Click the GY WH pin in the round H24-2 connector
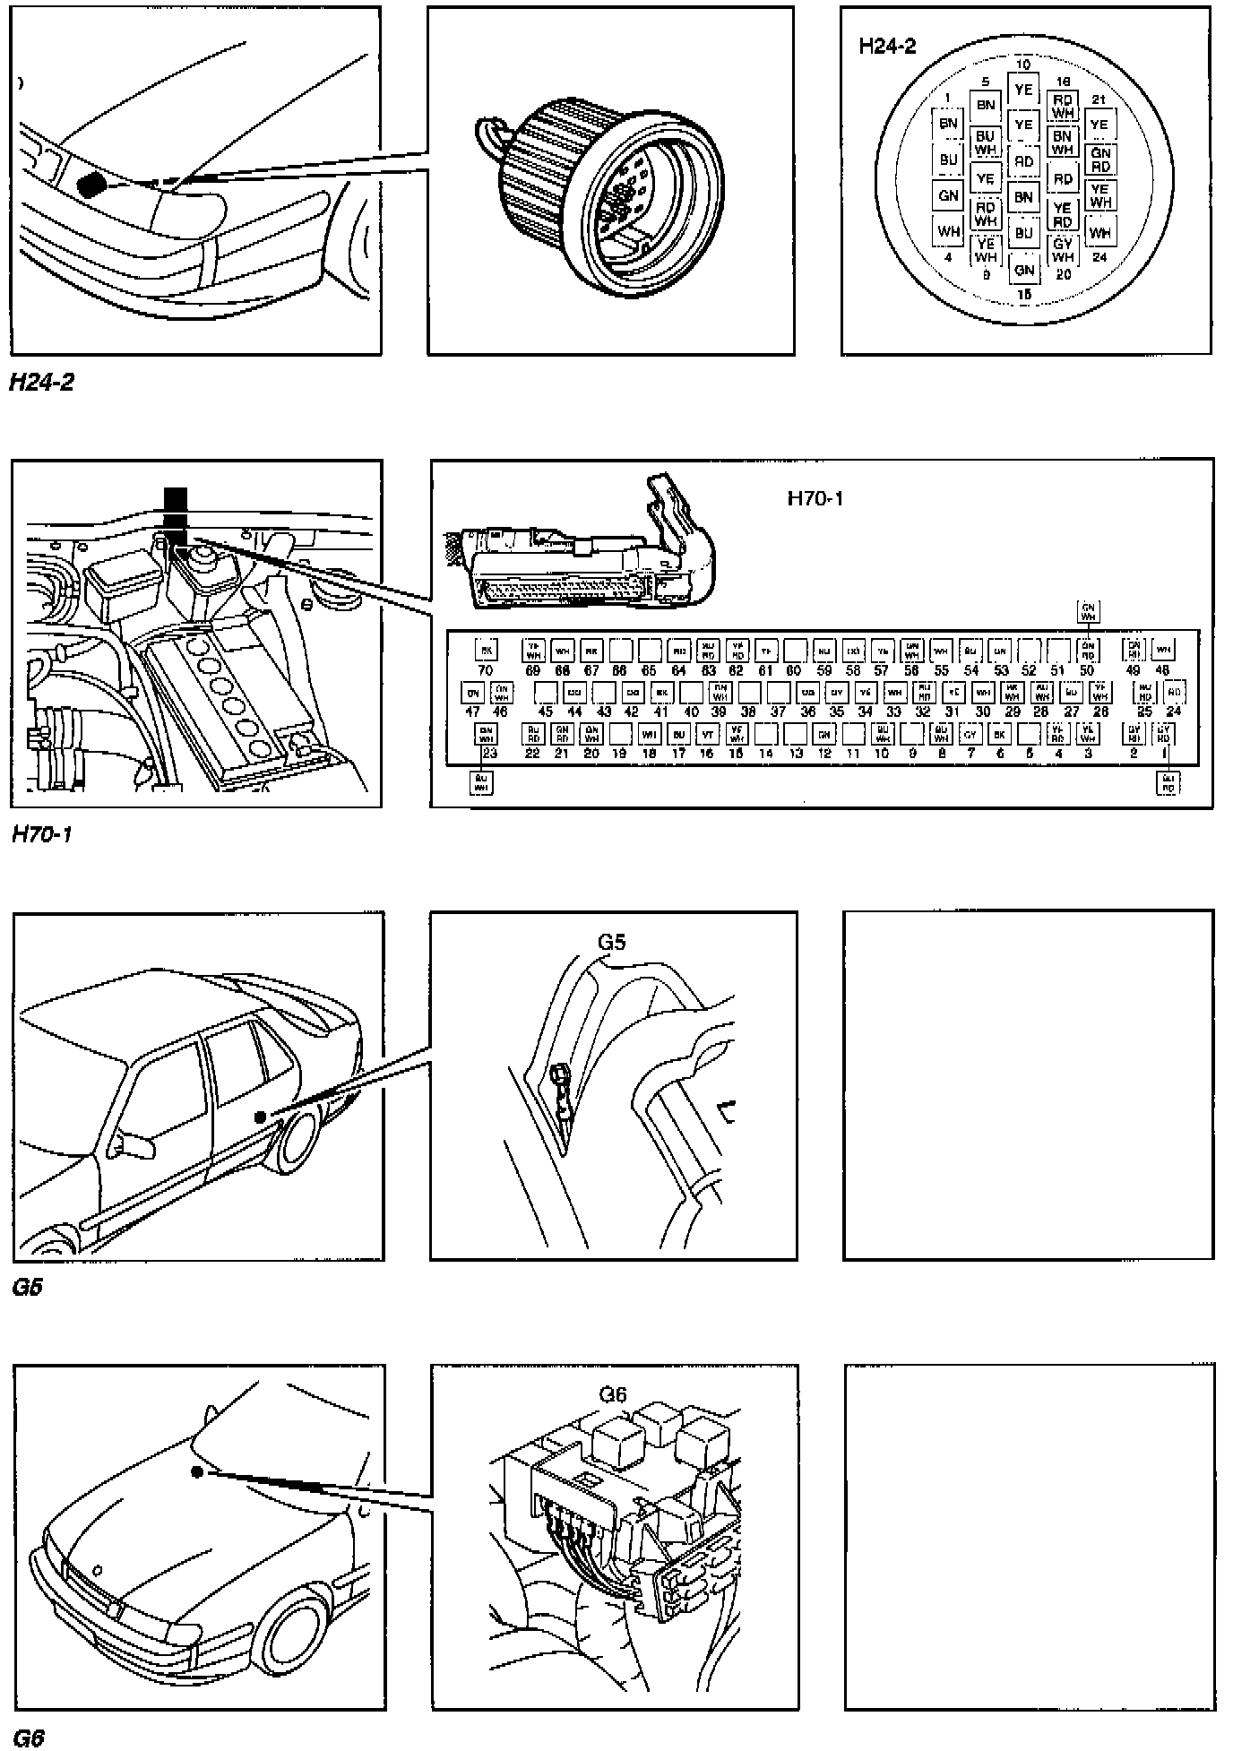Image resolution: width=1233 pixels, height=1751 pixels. pyautogui.click(x=1062, y=250)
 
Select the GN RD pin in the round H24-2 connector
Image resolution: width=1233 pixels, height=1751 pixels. pyautogui.click(x=1100, y=160)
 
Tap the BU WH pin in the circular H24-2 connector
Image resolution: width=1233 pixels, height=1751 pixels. pyautogui.click(x=986, y=142)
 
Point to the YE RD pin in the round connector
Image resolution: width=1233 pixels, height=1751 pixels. pyautogui.click(x=1062, y=214)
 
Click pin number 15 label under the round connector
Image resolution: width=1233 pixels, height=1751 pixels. pyautogui.click(x=1023, y=293)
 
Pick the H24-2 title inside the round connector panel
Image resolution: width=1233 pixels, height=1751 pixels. pyautogui.click(x=887, y=47)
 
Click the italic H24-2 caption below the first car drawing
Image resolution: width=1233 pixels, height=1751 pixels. pyautogui.click(x=41, y=383)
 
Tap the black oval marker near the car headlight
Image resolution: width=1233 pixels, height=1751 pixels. pyautogui.click(x=91, y=185)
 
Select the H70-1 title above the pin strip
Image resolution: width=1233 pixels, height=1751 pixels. pyautogui.click(x=815, y=498)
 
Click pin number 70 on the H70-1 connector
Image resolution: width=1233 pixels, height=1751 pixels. pyautogui.click(x=486, y=670)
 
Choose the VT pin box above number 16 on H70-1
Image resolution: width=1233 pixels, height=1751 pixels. pyautogui.click(x=707, y=734)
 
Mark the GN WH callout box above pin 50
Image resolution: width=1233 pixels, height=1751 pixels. pyautogui.click(x=1088, y=612)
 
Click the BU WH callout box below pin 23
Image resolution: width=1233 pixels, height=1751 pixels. pyautogui.click(x=481, y=782)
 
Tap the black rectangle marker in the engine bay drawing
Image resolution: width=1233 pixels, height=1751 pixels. pyautogui.click(x=176, y=515)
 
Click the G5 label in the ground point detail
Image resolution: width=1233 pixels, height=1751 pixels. pyautogui.click(x=612, y=942)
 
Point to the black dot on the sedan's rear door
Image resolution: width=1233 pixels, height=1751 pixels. pyautogui.click(x=260, y=1117)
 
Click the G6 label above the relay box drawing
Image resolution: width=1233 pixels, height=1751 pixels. pyautogui.click(x=613, y=1394)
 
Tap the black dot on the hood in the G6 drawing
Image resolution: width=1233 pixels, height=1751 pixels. pyautogui.click(x=196, y=1471)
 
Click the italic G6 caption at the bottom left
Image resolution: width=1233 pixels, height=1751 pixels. pyautogui.click(x=29, y=1738)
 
